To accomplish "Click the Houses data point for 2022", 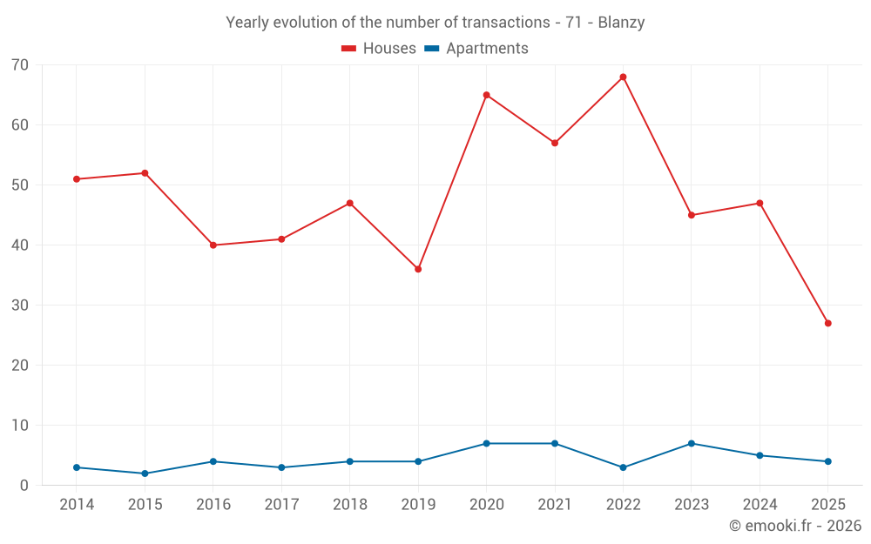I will [623, 77].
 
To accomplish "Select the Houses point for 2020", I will [486, 95].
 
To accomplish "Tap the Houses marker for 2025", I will [827, 323].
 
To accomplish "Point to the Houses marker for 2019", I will [418, 269].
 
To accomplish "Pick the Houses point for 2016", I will [213, 245].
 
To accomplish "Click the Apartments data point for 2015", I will [145, 473].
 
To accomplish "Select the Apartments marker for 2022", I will [623, 467].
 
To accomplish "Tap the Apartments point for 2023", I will [692, 443].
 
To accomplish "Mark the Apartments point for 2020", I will [486, 443].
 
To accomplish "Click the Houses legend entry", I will [379, 49].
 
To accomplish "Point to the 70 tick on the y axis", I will [20, 65].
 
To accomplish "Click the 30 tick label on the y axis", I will [20, 306].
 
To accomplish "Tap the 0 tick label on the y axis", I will [24, 486].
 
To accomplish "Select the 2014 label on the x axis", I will [77, 505].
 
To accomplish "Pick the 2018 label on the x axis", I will [350, 505].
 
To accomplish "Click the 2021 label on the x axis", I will [555, 505].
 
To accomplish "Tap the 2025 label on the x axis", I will [827, 505].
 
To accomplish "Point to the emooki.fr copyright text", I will [795, 526].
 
